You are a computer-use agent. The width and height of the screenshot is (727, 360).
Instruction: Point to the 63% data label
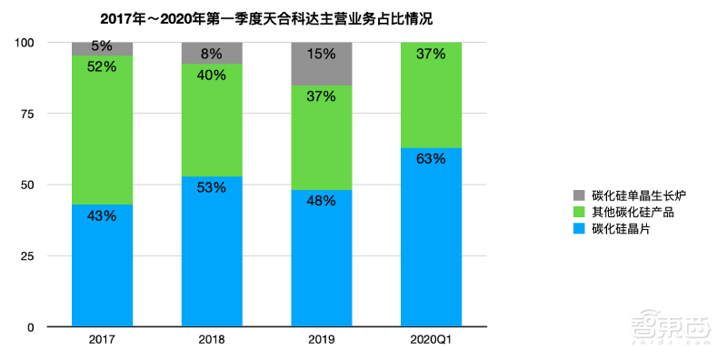pyautogui.click(x=431, y=159)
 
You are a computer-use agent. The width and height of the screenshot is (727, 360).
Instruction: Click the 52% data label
pyautogui.click(x=103, y=66)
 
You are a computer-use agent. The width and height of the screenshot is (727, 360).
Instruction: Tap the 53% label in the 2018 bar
pyautogui.click(x=212, y=187)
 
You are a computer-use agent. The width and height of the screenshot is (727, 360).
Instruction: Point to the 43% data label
pyautogui.click(x=103, y=215)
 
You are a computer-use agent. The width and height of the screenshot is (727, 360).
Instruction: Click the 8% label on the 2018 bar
pyautogui.click(x=212, y=54)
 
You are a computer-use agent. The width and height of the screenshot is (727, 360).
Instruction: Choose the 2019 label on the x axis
pyautogui.click(x=321, y=340)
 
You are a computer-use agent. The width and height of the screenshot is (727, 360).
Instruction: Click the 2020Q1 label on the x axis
pyautogui.click(x=431, y=340)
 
